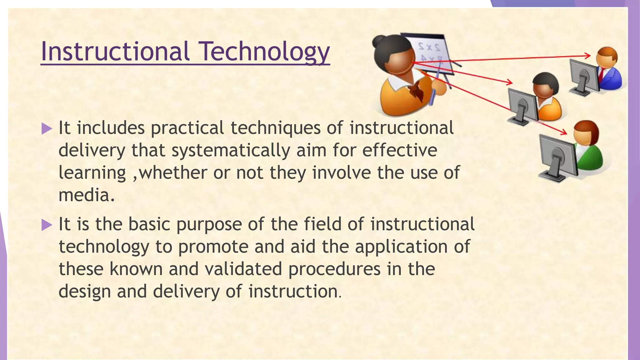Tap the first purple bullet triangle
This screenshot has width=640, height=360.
(47, 128)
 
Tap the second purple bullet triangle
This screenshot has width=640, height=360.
(47, 225)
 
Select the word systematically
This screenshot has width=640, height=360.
(231, 151)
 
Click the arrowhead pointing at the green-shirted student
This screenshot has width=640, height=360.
(564, 132)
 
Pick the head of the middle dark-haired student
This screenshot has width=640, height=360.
(545, 84)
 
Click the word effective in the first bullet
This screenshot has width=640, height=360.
(400, 150)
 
